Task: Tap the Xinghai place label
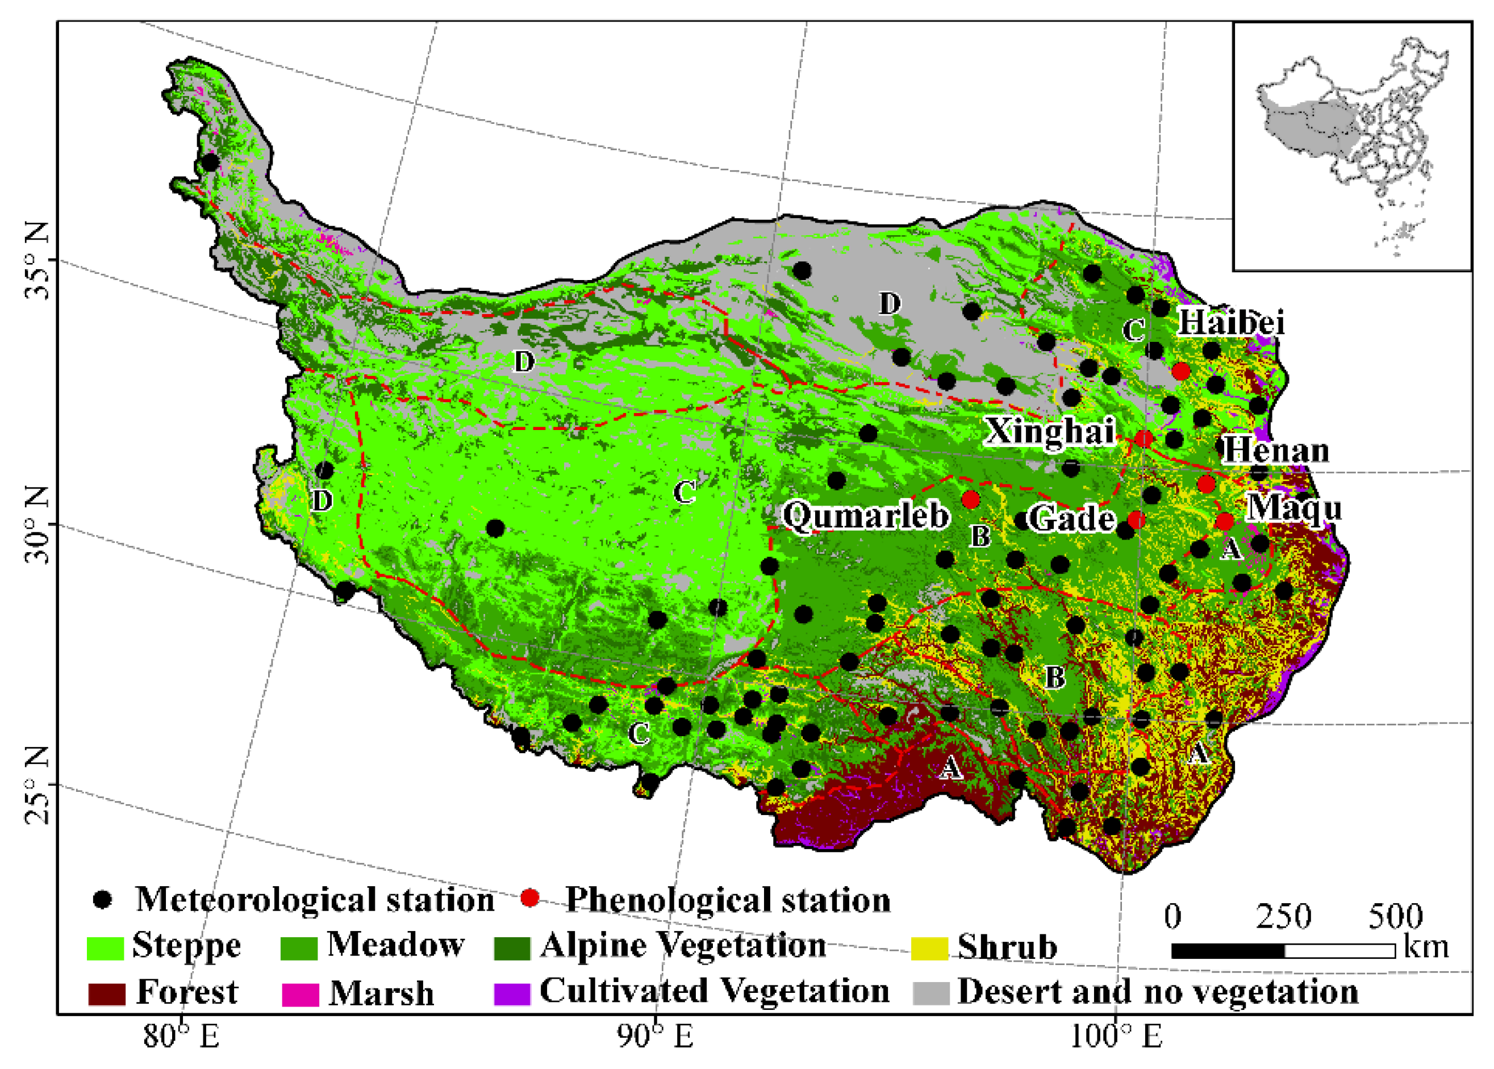pyautogui.click(x=1050, y=432)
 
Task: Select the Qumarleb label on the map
pyautogui.click(x=866, y=515)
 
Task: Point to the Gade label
pyautogui.click(x=1071, y=519)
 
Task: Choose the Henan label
pyautogui.click(x=1276, y=451)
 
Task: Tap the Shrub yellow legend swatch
pyautogui.click(x=929, y=949)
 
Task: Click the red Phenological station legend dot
pyautogui.click(x=530, y=899)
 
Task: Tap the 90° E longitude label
pyautogui.click(x=656, y=1037)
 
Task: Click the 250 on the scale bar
pyautogui.click(x=1283, y=916)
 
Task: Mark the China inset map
pyautogui.click(x=1352, y=146)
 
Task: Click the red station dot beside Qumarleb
pyautogui.click(x=971, y=500)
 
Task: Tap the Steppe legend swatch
pyautogui.click(x=105, y=948)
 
